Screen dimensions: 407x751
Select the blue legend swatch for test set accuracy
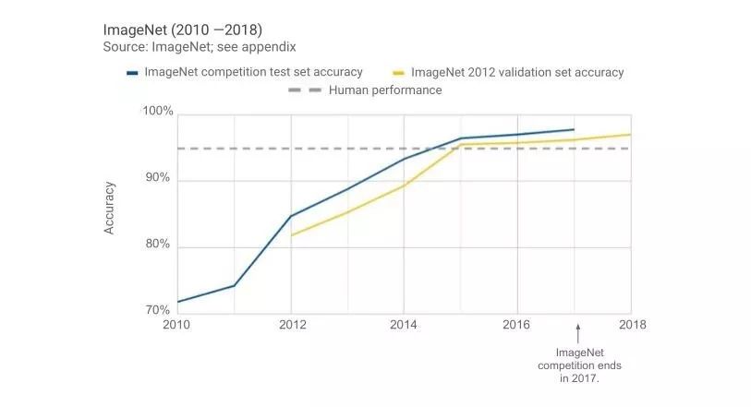click(132, 72)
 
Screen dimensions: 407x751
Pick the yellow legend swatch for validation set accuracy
click(399, 72)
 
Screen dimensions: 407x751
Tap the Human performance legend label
click(385, 90)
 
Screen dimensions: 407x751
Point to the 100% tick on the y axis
click(158, 112)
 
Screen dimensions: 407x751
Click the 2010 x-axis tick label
click(177, 325)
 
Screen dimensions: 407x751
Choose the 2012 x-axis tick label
click(291, 325)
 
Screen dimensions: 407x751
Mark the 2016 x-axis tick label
click(517, 325)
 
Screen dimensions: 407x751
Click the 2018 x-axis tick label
click(631, 325)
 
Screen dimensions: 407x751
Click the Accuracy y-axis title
click(110, 208)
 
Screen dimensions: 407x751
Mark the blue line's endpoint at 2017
click(574, 129)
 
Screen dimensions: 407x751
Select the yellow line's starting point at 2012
click(292, 235)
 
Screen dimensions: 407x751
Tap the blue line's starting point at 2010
click(177, 302)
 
